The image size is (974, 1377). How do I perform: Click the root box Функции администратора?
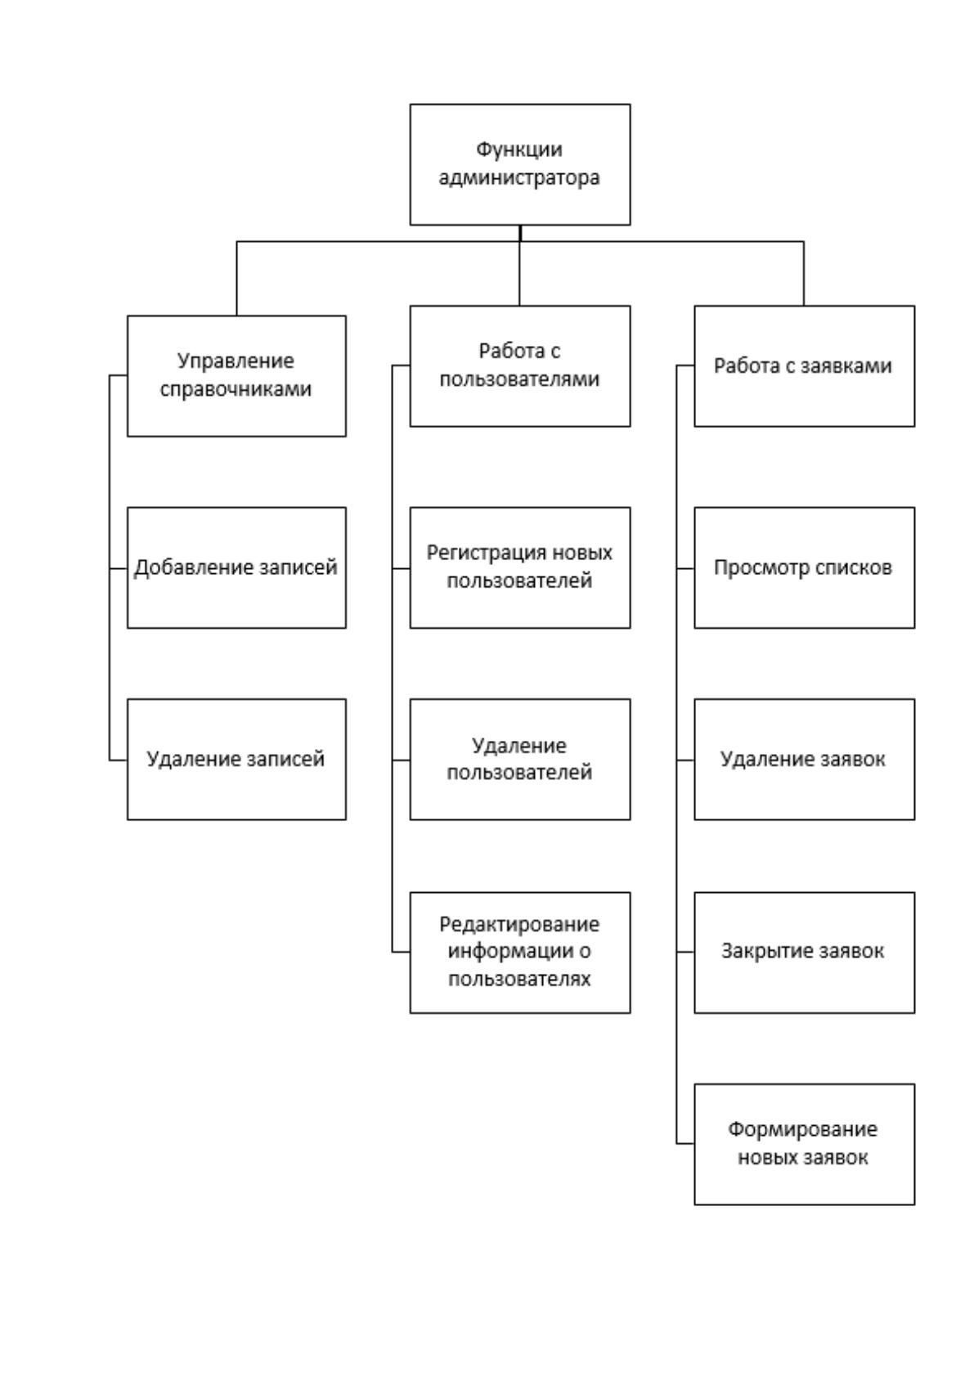tap(519, 164)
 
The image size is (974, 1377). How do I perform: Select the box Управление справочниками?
tap(236, 375)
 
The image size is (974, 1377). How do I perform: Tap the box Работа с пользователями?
tap(519, 366)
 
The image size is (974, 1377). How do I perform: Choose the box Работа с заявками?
tap(804, 366)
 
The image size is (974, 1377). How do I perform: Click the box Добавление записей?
tap(236, 567)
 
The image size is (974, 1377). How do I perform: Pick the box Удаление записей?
tap(236, 759)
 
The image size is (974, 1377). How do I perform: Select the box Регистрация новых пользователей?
tap(519, 567)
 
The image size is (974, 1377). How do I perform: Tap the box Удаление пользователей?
tap(519, 759)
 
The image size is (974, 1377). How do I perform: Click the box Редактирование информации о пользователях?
tap(519, 953)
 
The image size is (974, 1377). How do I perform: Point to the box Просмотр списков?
tap(804, 567)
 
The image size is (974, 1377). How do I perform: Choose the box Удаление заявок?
tap(804, 759)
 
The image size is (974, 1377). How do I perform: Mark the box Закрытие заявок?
tap(804, 953)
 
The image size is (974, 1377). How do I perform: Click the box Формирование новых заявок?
tap(804, 1144)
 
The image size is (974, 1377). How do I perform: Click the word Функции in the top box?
tap(519, 150)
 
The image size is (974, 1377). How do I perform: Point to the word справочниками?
tap(236, 390)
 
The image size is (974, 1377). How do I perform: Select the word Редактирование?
tap(519, 925)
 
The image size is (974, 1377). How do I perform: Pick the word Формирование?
tap(802, 1129)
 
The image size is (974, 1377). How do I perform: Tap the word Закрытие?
tap(761, 952)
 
